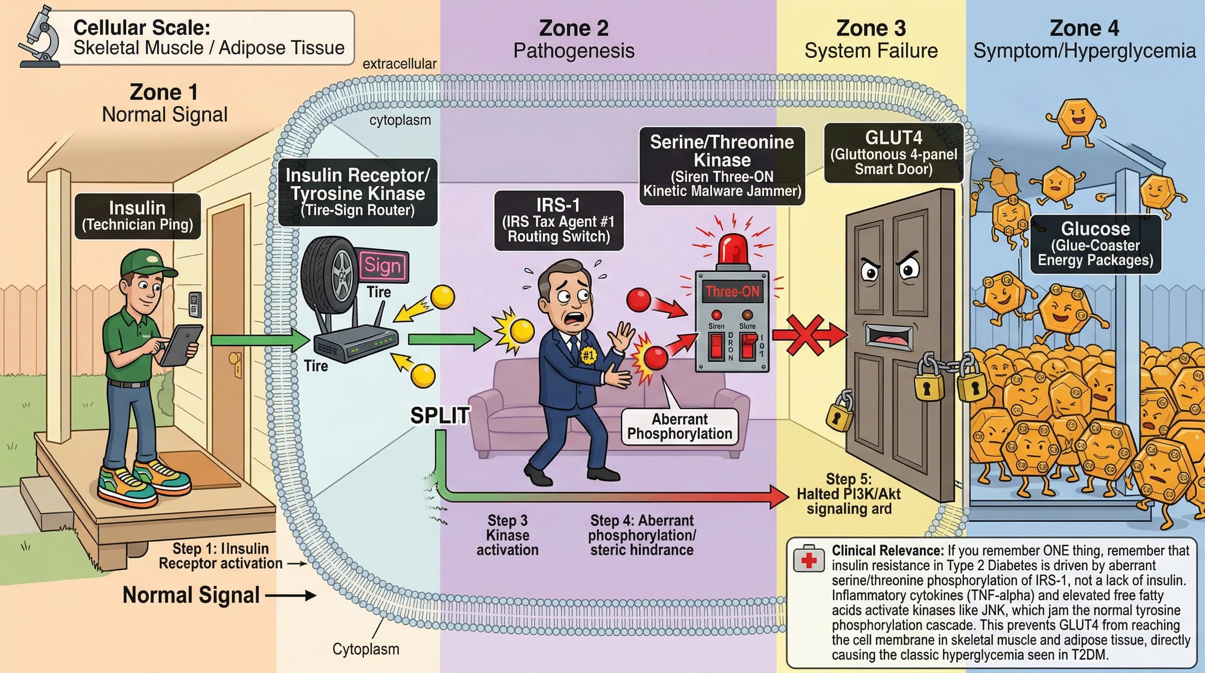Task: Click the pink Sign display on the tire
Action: [x=383, y=266]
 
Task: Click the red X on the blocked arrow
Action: [x=805, y=334]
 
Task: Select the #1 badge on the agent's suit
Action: [x=588, y=355]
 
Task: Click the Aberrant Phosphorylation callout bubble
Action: [x=679, y=426]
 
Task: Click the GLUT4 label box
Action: [x=893, y=153]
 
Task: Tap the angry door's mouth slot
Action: [x=888, y=336]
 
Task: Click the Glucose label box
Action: [x=1095, y=244]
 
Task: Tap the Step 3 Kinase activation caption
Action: [x=507, y=535]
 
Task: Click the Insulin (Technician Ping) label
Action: [x=137, y=216]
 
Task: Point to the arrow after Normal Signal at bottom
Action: [x=290, y=596]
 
